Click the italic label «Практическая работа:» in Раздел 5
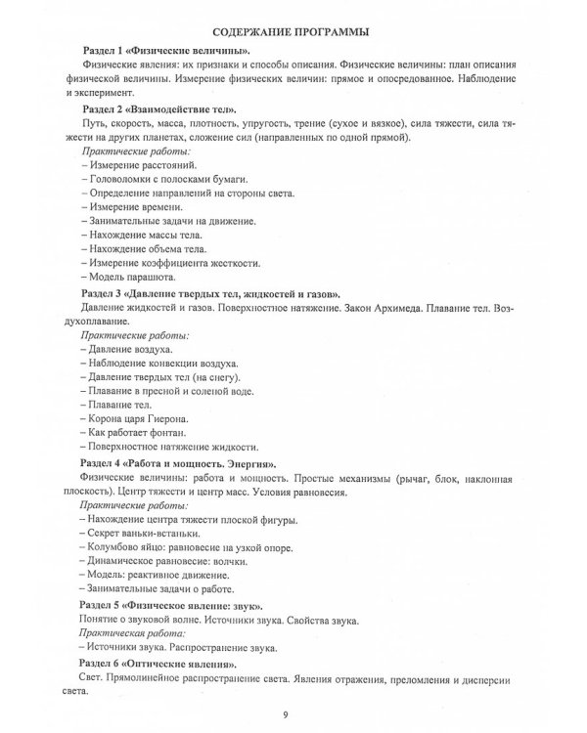pyautogui.click(x=128, y=633)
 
